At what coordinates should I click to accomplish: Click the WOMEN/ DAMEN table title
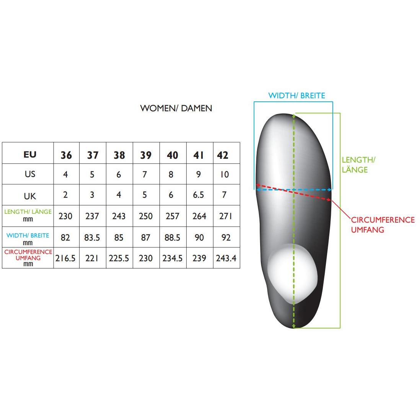point(176,108)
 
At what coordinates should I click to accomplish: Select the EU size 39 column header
point(146,155)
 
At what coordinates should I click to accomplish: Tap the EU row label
point(30,154)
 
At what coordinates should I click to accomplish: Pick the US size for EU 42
point(225,174)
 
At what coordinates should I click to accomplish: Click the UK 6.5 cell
point(199,195)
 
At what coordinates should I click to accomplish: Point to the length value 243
point(119,216)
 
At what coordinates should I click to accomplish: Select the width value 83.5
point(92,237)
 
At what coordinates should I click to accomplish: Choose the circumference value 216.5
point(65,258)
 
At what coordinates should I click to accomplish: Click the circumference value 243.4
point(226,258)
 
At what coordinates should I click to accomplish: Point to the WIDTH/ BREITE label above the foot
point(296,96)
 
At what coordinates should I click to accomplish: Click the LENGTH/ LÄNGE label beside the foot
point(358,165)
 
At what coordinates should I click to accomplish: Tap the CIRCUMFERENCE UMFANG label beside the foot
point(383,225)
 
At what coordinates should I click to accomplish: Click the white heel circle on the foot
point(293,273)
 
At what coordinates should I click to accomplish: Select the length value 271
point(225,216)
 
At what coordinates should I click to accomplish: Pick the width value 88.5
point(172,237)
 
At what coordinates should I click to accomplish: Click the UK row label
point(30,196)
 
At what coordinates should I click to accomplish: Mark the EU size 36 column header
point(66,155)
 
